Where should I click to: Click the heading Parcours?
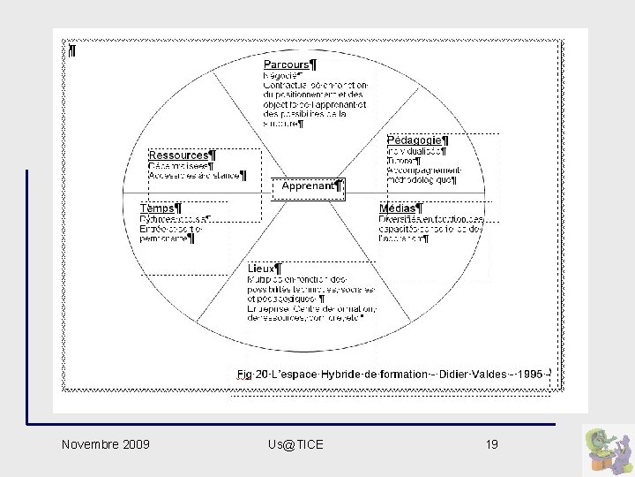(x=287, y=64)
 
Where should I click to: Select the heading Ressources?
(x=179, y=155)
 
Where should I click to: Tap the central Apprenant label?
(x=309, y=186)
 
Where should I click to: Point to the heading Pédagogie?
(x=415, y=140)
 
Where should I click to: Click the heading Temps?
(x=159, y=208)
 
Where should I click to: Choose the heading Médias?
(x=399, y=208)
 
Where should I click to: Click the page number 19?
(x=491, y=443)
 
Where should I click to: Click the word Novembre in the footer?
(x=90, y=443)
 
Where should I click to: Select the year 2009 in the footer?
(x=136, y=443)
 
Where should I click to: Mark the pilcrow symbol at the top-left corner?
(x=71, y=50)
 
